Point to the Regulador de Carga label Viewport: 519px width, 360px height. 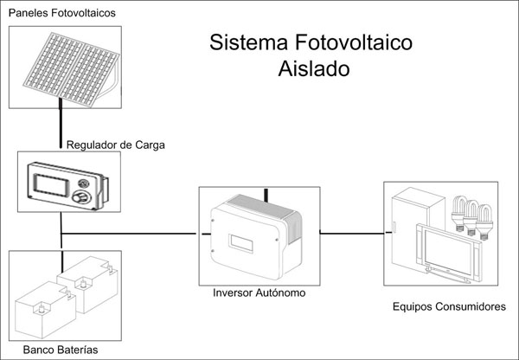pos(115,145)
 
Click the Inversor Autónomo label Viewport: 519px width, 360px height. pos(259,293)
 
